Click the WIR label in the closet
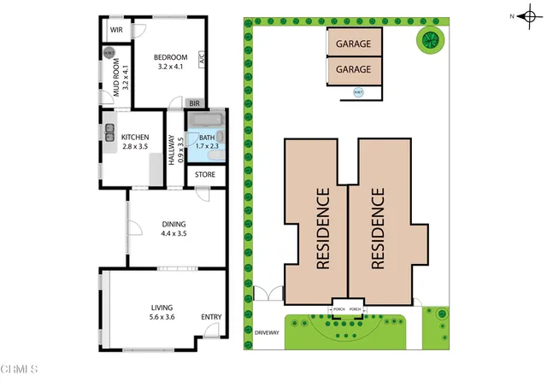point(116,30)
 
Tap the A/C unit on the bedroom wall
point(202,60)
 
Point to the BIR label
point(194,103)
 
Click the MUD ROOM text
point(118,78)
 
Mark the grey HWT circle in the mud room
point(108,52)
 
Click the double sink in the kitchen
point(109,132)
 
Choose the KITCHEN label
point(135,137)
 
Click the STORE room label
point(204,175)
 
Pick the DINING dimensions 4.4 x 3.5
point(174,233)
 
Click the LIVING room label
point(162,308)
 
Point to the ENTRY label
point(211,318)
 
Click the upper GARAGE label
point(353,43)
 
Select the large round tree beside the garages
point(430,38)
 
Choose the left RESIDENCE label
point(323,229)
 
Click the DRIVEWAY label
point(267,332)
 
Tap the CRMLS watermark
point(20,370)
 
